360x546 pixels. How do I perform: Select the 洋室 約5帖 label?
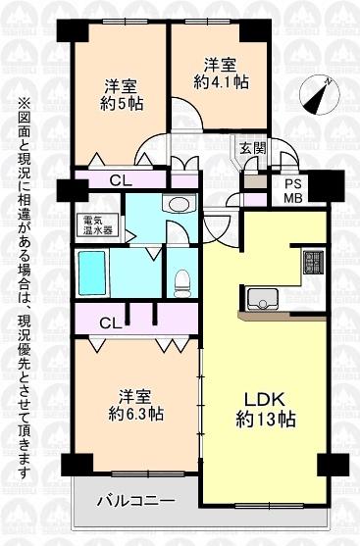tap(121, 92)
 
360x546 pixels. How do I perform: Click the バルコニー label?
tap(136, 501)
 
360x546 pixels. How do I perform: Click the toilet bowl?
tap(180, 281)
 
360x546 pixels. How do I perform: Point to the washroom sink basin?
tap(179, 204)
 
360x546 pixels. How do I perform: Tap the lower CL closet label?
tap(110, 322)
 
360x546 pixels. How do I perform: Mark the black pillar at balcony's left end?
tap(70, 464)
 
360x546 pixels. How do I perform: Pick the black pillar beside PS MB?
tap(328, 182)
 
